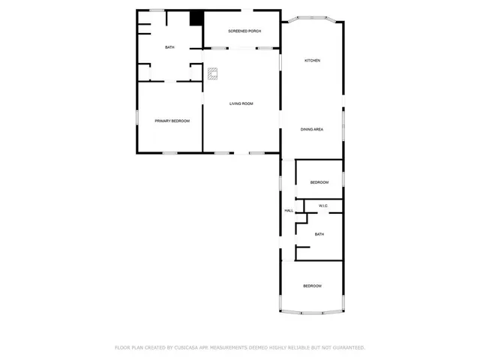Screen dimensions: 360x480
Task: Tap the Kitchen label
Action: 312,60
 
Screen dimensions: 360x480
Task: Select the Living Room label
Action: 241,103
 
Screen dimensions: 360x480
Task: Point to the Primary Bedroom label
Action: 172,121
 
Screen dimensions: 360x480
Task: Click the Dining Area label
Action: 312,130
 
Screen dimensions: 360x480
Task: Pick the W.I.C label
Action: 323,205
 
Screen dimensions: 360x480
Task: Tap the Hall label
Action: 289,211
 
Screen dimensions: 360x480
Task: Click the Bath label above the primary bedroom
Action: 169,48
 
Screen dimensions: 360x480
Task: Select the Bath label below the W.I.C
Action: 319,235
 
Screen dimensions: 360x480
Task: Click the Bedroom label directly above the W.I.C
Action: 319,182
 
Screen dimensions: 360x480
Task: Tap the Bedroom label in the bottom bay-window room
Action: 312,286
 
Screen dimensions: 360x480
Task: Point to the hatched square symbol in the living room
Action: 213,73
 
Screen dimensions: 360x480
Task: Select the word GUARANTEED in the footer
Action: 346,348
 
